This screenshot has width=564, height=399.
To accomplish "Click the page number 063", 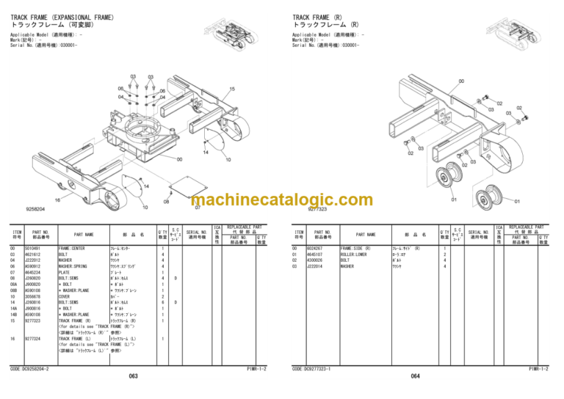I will (133, 376).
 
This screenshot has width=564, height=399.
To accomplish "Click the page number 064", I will (415, 376).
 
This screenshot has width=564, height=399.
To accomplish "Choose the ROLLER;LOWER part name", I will (356, 254).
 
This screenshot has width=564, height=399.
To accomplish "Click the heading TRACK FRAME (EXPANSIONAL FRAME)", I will (62, 17).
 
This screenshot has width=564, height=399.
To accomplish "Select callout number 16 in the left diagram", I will (57, 199).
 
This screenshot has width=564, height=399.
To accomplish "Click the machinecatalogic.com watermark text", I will (282, 200).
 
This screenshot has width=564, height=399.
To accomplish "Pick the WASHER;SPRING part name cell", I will (76, 266).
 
